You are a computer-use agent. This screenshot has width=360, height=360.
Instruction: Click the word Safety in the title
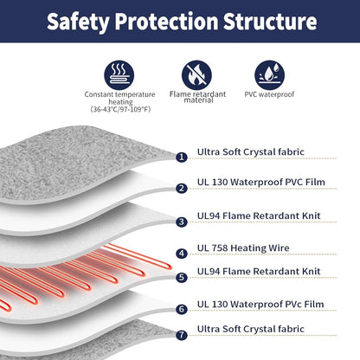(78, 22)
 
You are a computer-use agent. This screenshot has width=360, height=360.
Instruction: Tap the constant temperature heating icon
(119, 74)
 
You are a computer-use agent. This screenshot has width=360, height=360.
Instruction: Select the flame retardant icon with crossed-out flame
(196, 74)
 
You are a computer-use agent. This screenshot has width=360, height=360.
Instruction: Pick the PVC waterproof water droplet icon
(270, 74)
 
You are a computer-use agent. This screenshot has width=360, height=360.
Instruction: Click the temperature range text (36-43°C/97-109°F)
(120, 109)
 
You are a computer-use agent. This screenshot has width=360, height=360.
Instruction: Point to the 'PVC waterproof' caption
(269, 94)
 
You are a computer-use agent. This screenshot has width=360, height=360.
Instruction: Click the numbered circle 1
(182, 157)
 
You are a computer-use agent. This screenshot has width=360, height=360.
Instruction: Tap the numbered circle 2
(182, 189)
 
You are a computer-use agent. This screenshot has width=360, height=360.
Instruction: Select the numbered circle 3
(182, 222)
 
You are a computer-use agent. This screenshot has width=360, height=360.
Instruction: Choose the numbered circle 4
(182, 254)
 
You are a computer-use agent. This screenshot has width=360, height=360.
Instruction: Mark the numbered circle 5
(182, 278)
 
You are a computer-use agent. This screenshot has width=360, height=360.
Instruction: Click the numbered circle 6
(182, 309)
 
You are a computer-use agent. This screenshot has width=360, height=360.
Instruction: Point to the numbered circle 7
(182, 335)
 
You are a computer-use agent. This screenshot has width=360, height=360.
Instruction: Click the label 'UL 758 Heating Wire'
(243, 248)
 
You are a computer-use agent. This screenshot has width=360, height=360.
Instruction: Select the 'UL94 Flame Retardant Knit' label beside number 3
(259, 215)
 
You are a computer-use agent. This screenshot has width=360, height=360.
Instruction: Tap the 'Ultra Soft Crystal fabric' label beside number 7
(251, 329)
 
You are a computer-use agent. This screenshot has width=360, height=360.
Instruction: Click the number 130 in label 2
(220, 183)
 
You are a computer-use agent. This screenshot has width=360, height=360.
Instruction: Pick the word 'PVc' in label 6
(293, 305)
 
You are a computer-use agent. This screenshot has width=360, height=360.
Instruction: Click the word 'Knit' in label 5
(312, 272)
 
